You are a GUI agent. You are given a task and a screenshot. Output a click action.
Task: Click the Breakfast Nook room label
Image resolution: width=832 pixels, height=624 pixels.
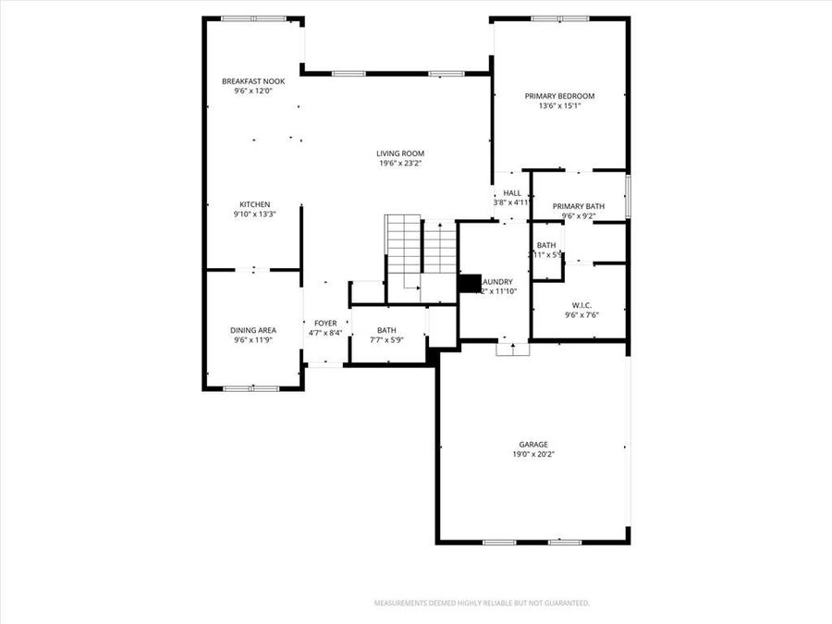point(253,81)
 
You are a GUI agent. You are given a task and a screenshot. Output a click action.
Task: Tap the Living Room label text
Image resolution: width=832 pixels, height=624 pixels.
point(400,153)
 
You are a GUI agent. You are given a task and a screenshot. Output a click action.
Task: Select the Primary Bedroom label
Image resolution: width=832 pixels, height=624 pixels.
point(559,95)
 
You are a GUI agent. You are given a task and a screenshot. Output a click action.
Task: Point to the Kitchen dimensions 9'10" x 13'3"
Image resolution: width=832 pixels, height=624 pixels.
point(254,214)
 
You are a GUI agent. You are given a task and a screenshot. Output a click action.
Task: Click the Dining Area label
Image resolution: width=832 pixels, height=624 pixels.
point(253,330)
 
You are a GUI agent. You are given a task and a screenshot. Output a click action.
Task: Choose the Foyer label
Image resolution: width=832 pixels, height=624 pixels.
point(325,324)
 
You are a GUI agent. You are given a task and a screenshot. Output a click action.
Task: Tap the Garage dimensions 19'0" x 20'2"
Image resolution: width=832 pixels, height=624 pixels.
point(533,454)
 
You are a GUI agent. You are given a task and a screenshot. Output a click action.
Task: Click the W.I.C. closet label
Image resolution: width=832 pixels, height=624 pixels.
point(581,304)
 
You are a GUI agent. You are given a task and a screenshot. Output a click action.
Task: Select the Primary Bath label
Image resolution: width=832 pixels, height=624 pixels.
point(579,206)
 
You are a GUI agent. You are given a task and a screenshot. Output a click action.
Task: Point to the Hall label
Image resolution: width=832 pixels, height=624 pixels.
point(512,193)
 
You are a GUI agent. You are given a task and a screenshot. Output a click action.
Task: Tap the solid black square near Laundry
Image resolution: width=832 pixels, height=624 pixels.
point(470,283)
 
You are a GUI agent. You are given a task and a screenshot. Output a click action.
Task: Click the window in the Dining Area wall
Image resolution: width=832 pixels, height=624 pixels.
point(251,388)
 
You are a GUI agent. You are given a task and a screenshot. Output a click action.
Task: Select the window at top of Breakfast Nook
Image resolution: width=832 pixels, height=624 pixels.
point(253,18)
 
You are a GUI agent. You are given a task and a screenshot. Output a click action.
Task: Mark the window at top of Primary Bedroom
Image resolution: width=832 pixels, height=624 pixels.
point(560,18)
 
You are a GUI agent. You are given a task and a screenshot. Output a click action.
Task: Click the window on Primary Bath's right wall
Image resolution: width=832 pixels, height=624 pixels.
point(628,196)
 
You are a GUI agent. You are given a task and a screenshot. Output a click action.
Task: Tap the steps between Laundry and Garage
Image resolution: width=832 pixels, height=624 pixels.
point(512,349)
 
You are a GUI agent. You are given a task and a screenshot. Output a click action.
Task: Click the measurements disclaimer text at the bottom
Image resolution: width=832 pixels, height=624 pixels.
point(481,603)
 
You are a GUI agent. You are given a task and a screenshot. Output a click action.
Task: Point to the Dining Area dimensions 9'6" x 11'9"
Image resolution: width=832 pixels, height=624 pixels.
point(253,340)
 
